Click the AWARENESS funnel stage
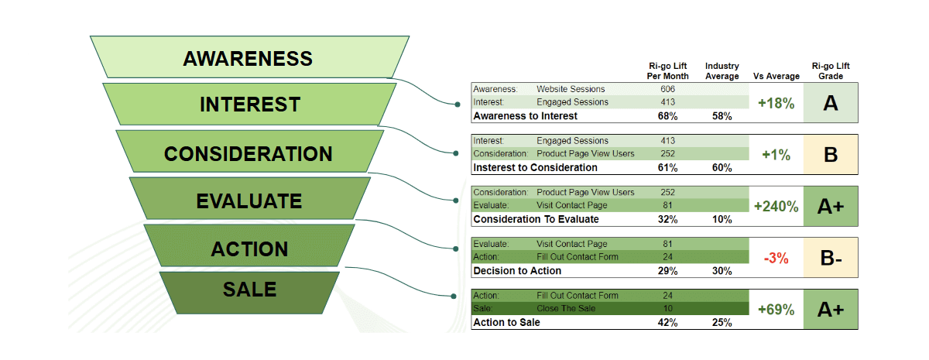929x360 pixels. [248, 58]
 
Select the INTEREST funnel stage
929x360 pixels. [249, 105]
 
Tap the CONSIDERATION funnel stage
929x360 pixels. [248, 153]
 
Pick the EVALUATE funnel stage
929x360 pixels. [249, 201]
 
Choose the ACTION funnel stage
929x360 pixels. [249, 249]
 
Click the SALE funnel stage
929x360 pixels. [249, 290]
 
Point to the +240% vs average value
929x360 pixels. [776, 206]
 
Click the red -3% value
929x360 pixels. [776, 258]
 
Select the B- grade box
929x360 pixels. [830, 258]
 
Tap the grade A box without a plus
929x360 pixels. [830, 103]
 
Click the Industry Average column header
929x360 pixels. [722, 71]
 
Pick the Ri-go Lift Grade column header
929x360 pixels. [828, 71]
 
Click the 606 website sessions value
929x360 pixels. [668, 89]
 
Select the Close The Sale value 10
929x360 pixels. [668, 309]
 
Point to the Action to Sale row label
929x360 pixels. [506, 322]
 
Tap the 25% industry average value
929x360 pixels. [722, 322]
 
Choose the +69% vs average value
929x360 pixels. [776, 310]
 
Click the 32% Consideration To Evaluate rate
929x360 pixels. [668, 219]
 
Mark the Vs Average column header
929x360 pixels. [776, 76]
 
